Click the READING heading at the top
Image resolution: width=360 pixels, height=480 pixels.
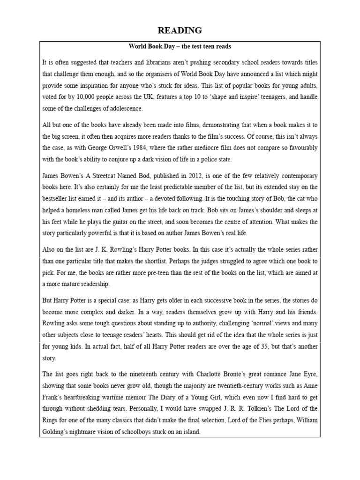(180, 30)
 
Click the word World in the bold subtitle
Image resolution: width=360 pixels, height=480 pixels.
(138, 47)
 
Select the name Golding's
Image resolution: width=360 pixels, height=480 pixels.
(58, 431)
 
